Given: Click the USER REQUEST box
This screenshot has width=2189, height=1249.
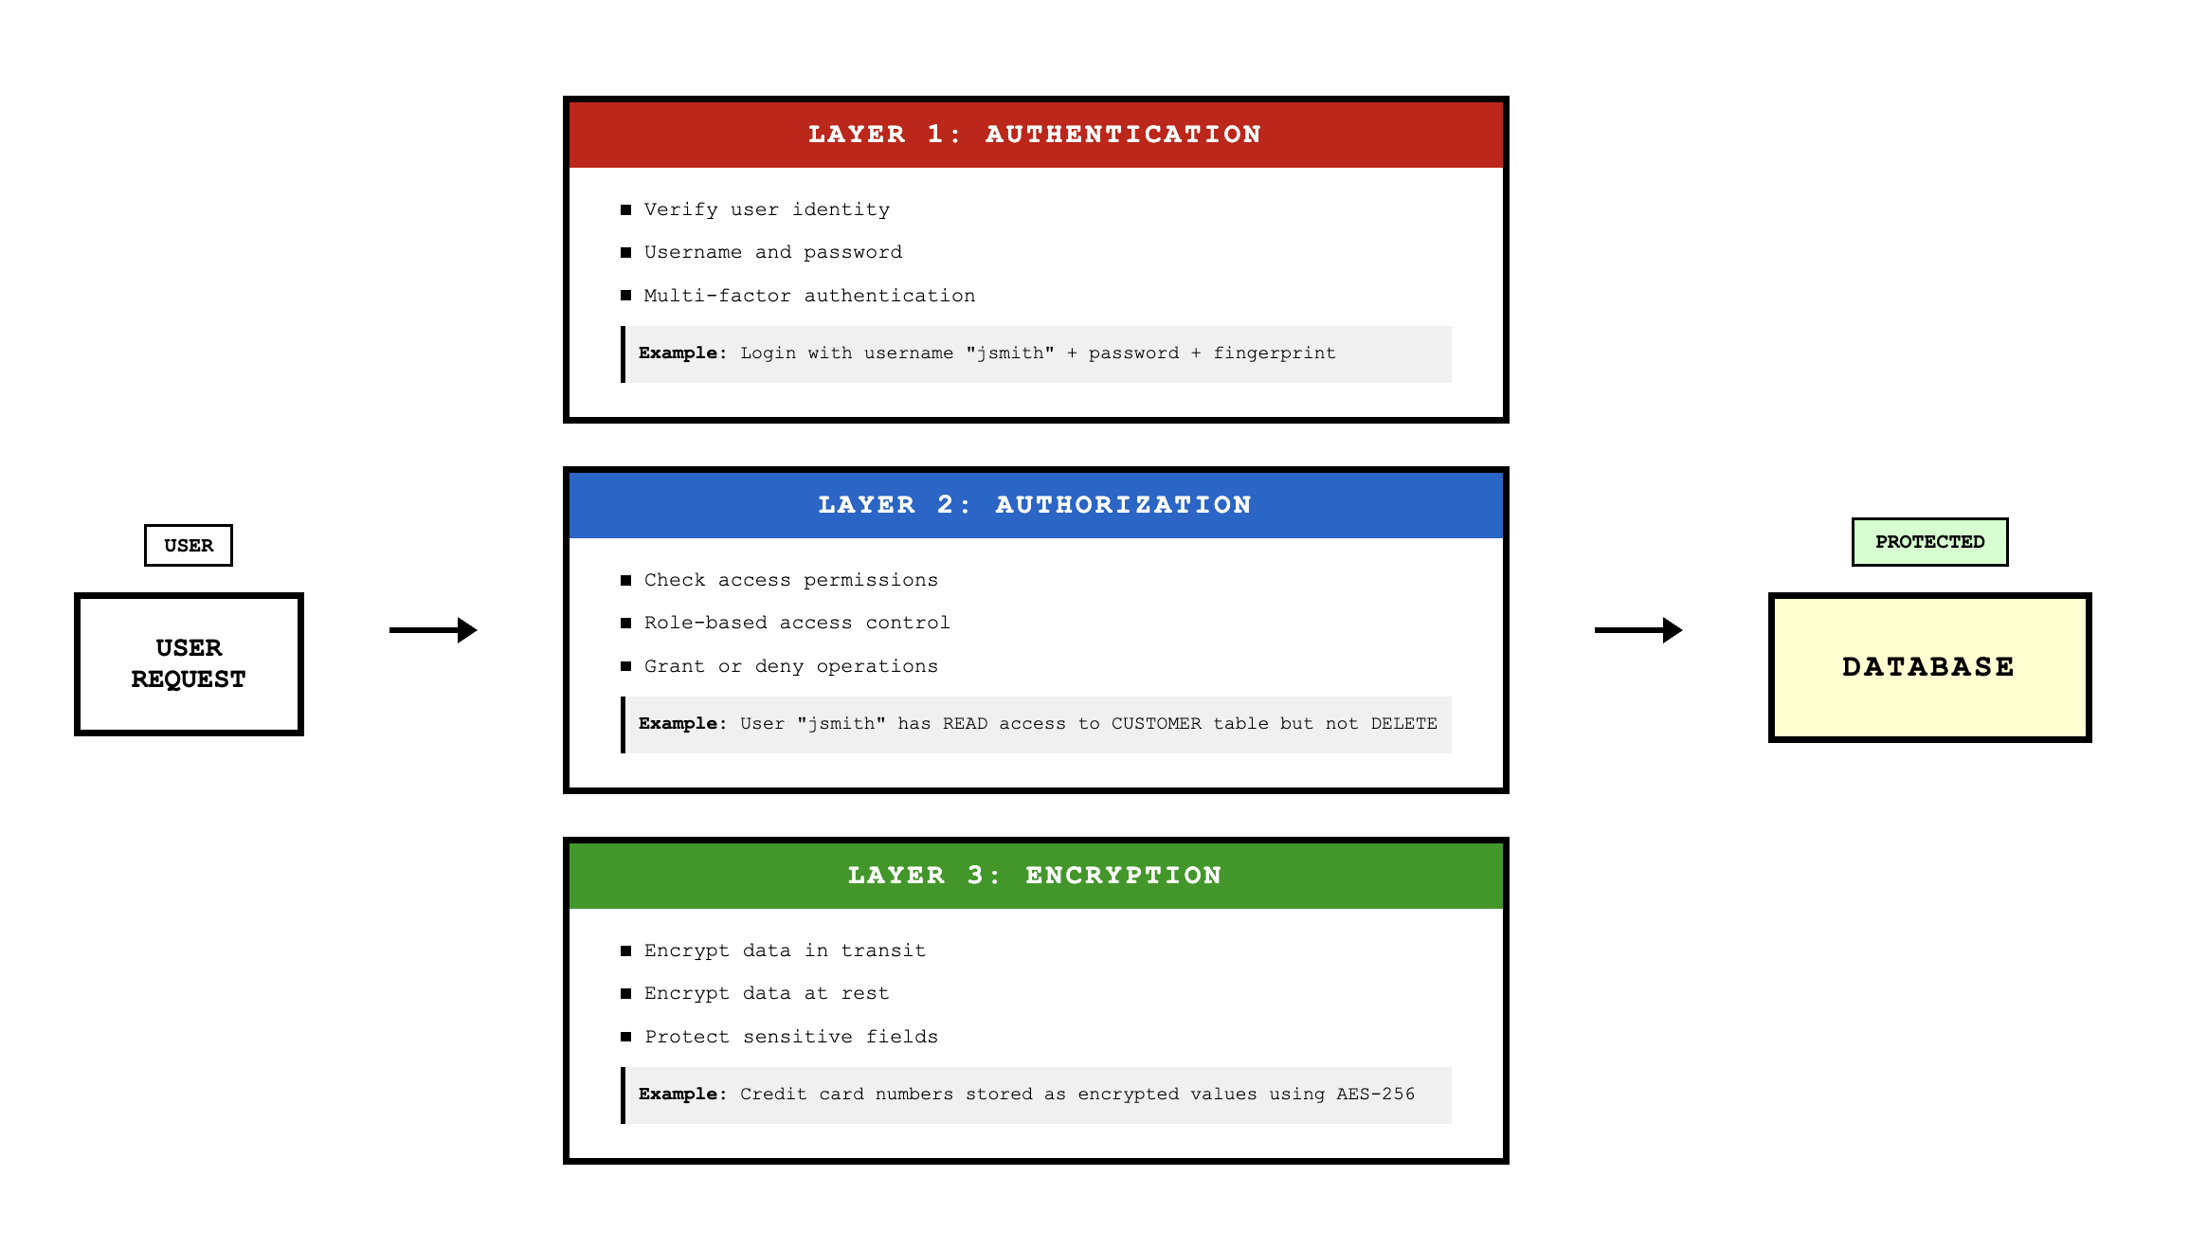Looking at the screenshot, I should [x=189, y=663].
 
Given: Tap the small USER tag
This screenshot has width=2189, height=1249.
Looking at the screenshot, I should [x=189, y=545].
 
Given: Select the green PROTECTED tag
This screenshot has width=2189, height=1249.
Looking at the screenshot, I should [x=1929, y=542].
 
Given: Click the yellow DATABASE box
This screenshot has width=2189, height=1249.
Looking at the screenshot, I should [x=1928, y=667].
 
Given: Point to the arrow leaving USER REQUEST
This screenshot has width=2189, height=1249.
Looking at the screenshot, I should [x=433, y=630].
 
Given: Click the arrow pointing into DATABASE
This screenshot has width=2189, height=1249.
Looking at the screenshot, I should [x=1637, y=630].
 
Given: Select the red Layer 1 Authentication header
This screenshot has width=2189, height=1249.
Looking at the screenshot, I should [x=1035, y=135].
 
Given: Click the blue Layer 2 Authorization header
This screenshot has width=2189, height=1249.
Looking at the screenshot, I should [x=1035, y=505].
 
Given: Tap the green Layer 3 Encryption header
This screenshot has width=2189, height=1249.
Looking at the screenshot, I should [x=1035, y=876].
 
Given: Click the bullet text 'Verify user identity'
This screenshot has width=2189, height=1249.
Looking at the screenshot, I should [x=767, y=209].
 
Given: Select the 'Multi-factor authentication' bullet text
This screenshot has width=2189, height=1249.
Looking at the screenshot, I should [x=809, y=296].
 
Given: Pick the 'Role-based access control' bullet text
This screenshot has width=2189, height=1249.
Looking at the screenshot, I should [x=796, y=623].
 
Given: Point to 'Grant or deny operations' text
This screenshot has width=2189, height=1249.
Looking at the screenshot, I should [x=790, y=666].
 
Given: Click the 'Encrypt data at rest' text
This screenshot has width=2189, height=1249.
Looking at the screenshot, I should [x=766, y=993].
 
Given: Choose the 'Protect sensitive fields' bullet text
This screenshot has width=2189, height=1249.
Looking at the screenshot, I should [x=790, y=1037].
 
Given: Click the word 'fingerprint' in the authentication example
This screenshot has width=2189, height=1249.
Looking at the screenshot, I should [x=1274, y=353].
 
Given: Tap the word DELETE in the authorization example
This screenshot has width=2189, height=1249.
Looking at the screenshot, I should [x=1403, y=724].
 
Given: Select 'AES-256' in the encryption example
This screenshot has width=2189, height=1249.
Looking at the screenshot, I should [x=1375, y=1095].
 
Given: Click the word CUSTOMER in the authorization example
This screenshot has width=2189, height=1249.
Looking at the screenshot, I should [x=1156, y=724].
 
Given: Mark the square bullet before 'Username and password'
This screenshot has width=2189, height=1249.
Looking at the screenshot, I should [x=625, y=252].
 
